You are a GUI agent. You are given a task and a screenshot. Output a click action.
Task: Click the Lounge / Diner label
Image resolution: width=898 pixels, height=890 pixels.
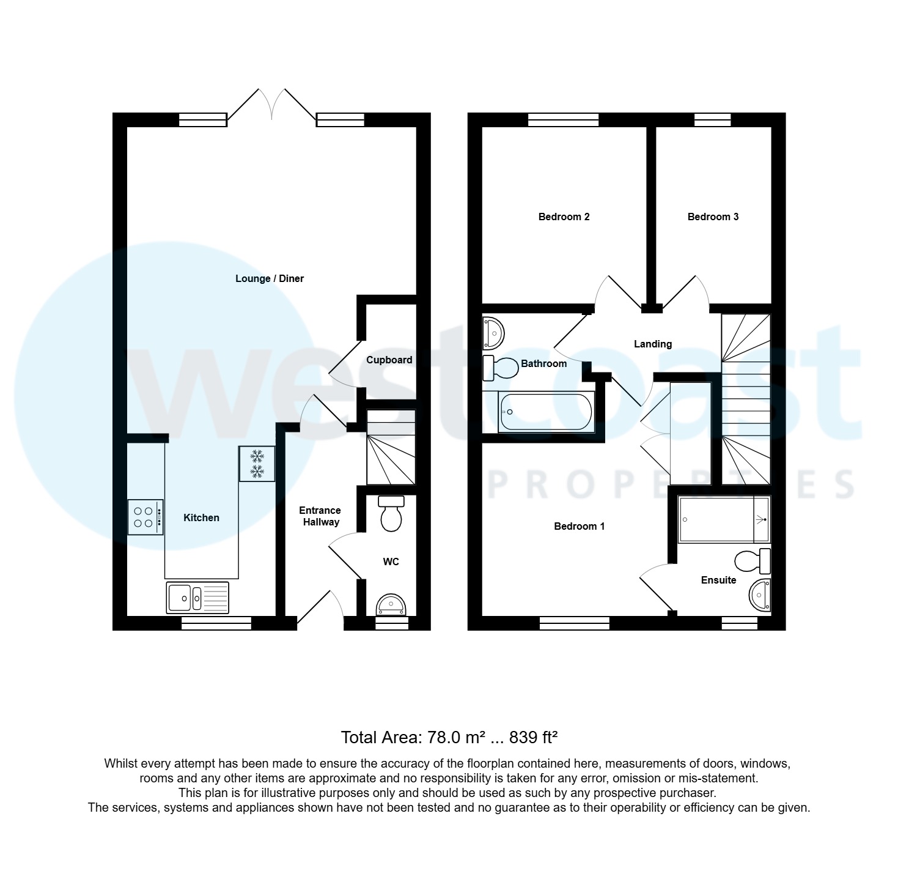coord(270,279)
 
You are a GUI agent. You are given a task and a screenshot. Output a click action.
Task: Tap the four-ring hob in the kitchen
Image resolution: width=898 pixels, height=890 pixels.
coord(145,517)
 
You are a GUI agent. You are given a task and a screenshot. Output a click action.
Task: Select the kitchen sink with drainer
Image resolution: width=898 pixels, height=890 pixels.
coord(197,598)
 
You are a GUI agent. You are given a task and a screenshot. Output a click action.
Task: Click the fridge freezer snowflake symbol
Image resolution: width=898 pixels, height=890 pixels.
coord(257,464)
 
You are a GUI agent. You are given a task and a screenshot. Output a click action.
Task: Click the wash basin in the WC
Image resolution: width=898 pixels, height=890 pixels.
coord(391,605)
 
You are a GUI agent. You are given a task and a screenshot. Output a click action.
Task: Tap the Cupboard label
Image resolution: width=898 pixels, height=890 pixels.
coord(389,360)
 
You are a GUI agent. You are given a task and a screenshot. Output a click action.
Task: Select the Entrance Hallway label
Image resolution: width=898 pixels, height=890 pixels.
coord(320,516)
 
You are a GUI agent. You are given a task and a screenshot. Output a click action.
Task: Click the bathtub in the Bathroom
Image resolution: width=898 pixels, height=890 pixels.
coord(546,412)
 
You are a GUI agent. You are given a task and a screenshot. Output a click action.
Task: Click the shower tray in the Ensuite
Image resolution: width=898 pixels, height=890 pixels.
coord(724,519)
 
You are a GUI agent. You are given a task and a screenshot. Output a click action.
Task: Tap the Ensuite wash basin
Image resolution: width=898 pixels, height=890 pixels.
coord(760,594)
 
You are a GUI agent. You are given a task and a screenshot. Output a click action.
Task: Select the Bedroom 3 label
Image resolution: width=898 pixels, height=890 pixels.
coord(713,217)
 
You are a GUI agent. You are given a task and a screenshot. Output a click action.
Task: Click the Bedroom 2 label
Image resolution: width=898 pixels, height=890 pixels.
coord(564,217)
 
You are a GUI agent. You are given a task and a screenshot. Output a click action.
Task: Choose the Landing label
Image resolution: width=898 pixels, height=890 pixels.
coord(652,344)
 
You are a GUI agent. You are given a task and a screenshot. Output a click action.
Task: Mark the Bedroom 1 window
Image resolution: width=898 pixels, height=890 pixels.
coord(574,623)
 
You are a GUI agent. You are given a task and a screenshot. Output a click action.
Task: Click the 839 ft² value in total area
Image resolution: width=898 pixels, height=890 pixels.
coord(533,738)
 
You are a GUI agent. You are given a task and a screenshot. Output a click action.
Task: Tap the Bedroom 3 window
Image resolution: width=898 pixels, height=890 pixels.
coord(712,120)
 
